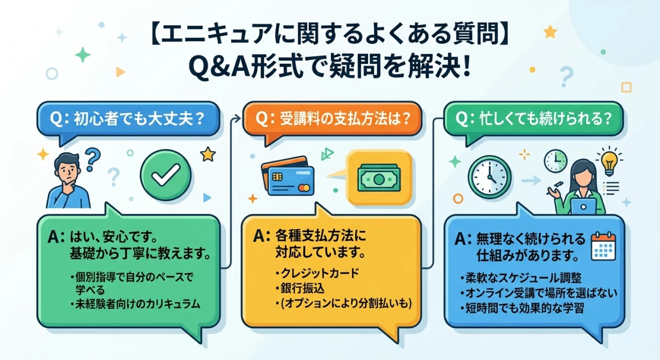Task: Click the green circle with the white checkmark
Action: click(x=166, y=175)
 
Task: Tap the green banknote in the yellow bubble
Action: click(x=379, y=178)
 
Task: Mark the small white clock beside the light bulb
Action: click(x=555, y=160)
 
